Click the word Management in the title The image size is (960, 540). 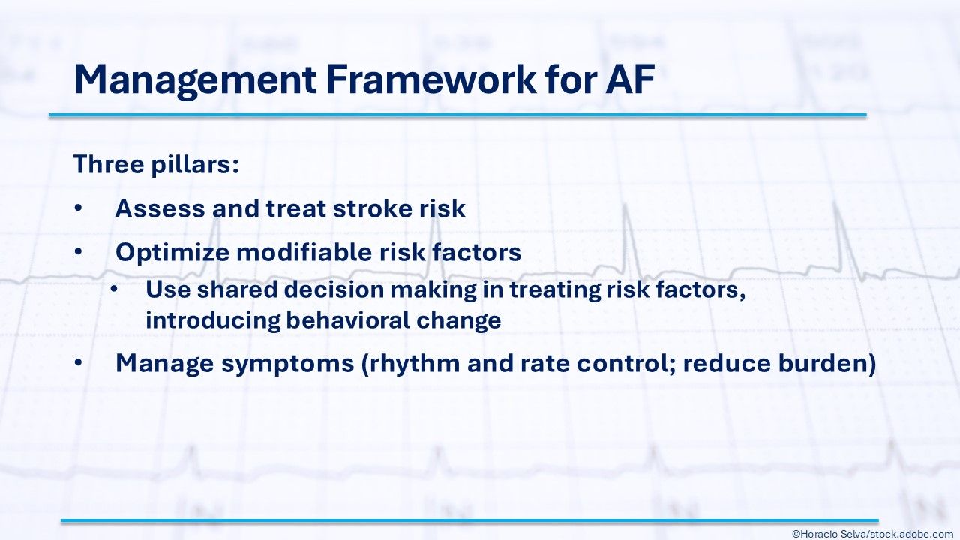pos(195,80)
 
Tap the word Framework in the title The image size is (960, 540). pos(430,79)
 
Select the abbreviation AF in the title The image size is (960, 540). pos(629,79)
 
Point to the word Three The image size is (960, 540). pos(109,163)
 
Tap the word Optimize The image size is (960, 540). pos(172,253)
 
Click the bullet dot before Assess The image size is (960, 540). pos(78,208)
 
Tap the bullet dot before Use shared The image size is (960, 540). pos(113,289)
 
